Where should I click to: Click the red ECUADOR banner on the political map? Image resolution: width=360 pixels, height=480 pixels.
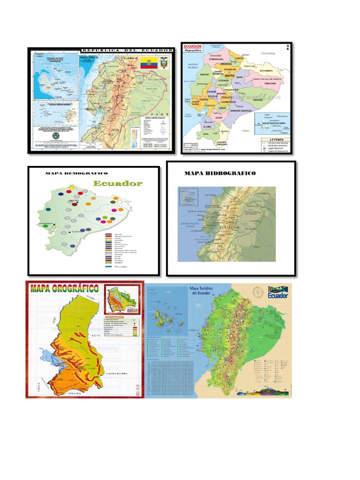click(193, 46)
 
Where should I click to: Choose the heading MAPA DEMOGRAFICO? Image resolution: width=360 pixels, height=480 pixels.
click(76, 174)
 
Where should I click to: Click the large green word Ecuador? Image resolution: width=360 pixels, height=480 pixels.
click(117, 184)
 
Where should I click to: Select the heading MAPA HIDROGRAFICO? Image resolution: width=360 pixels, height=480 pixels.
click(220, 173)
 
